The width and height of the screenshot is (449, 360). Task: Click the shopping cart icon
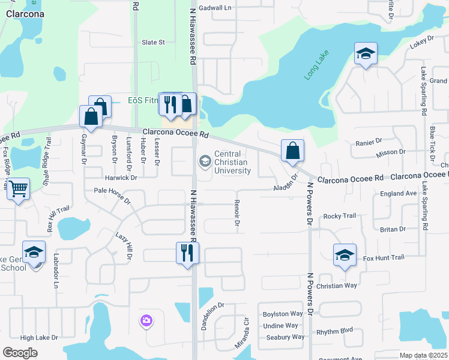pyautogui.click(x=19, y=190)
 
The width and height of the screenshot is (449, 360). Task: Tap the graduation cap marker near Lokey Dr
pyautogui.click(x=365, y=55)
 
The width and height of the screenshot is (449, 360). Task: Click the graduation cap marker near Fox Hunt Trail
pyautogui.click(x=345, y=256)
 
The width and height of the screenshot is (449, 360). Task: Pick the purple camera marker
pyautogui.click(x=146, y=322)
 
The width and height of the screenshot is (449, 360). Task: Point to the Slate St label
pyautogui.click(x=153, y=43)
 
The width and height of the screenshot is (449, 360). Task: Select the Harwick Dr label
pyautogui.click(x=121, y=178)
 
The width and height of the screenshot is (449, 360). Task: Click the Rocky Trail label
pyautogui.click(x=340, y=216)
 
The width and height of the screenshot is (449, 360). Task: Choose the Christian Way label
pyautogui.click(x=337, y=286)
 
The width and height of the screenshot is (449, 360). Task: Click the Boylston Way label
pyautogui.click(x=283, y=314)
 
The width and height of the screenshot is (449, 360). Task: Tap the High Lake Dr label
pyautogui.click(x=38, y=338)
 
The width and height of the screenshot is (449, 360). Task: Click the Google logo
pyautogui.click(x=20, y=353)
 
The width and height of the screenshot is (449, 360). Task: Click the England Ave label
pyautogui.click(x=399, y=194)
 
